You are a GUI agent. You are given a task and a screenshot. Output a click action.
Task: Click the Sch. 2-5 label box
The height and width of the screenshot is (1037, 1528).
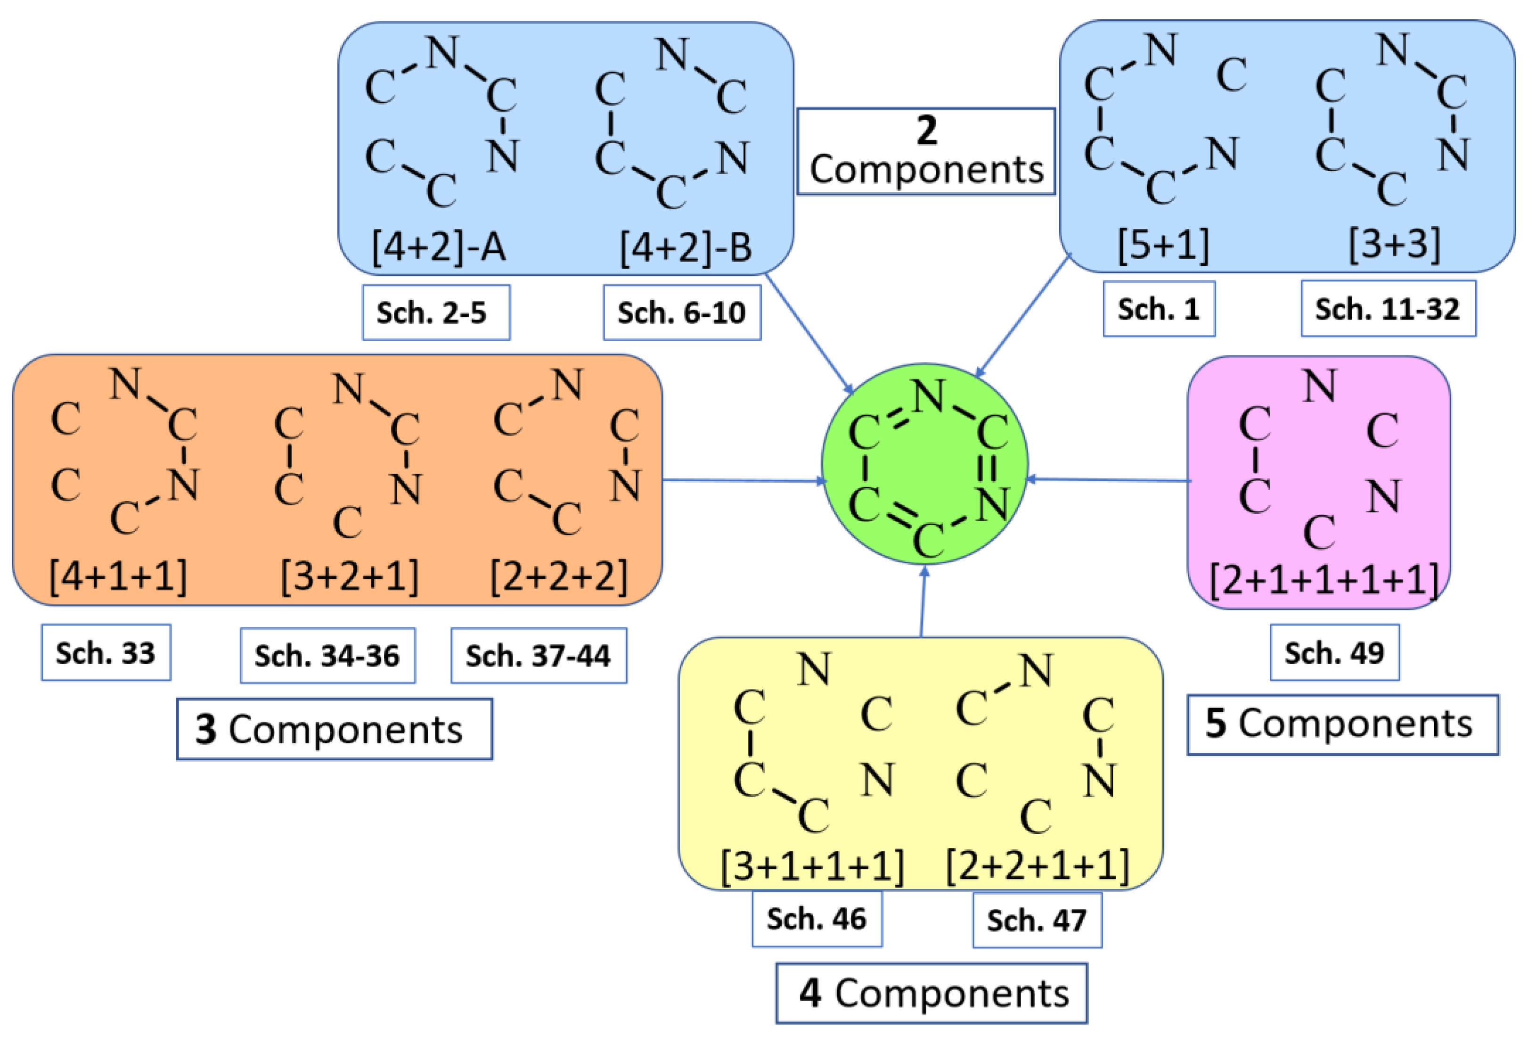point(436,313)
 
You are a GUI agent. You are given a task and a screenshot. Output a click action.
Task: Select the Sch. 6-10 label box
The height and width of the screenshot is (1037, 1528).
point(682,313)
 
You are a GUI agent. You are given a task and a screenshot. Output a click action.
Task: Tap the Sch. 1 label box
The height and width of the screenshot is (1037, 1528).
point(1159,309)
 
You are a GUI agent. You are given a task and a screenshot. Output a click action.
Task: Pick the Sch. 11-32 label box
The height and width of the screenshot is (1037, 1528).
point(1388,309)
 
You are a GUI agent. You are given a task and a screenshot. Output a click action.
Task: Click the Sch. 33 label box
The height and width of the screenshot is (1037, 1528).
point(106,652)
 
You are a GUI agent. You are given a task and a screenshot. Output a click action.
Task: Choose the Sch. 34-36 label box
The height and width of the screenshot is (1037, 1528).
point(327,656)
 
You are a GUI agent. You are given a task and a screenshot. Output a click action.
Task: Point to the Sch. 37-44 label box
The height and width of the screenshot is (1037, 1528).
point(539,656)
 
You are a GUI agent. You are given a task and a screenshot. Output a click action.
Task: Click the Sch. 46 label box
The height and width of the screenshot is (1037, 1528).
point(817,919)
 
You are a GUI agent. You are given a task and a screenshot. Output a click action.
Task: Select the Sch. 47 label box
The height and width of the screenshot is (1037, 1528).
point(1037,920)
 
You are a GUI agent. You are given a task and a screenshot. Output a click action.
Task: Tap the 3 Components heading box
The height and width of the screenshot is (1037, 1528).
point(334,729)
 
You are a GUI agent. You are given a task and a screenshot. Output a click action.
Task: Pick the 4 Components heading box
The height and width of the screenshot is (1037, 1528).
point(931,993)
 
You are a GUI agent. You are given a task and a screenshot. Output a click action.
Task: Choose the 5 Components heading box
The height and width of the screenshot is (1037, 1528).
point(1342,724)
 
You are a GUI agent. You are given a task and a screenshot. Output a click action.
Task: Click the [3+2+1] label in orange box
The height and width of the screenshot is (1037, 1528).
point(349,576)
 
